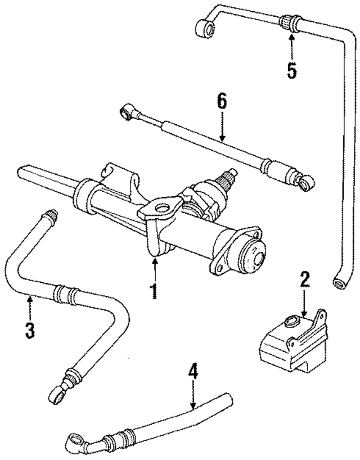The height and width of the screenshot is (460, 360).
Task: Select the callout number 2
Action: coord(304,280)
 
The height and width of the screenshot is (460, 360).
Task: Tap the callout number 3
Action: coord(30,328)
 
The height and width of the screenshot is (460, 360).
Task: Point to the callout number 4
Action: coord(193,372)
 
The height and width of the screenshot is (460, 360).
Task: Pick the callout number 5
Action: coord(291,70)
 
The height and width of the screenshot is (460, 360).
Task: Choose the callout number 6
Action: coord(222,102)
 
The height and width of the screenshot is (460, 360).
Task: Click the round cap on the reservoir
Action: coord(291,322)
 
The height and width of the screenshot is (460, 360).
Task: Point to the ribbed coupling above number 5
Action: coord(290,22)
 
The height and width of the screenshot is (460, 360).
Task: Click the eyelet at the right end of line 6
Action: coord(307,183)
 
